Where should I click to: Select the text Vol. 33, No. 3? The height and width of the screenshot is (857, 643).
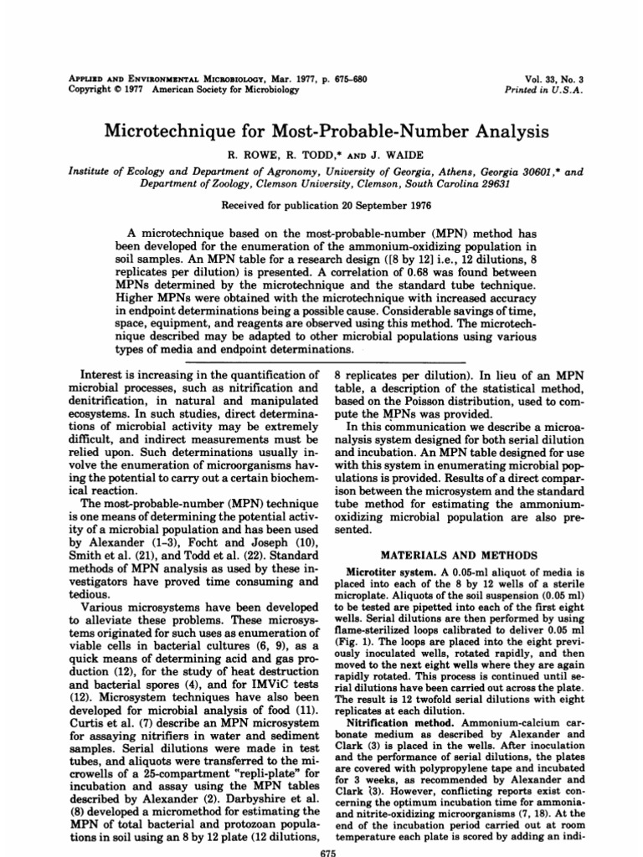coord(553,78)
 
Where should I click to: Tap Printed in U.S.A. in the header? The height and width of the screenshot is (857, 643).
coord(544,90)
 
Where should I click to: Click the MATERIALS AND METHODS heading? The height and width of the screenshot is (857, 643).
coord(447,553)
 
